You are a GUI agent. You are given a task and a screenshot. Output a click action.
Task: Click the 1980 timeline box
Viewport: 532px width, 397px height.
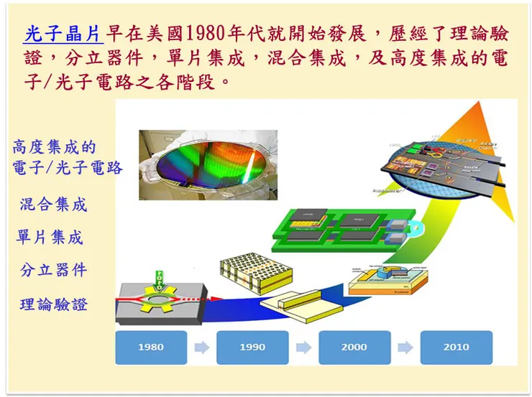[151, 347]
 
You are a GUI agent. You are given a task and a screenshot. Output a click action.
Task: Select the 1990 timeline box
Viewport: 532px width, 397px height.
[252, 347]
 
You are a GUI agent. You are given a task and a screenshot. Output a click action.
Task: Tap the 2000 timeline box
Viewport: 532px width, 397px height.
[354, 347]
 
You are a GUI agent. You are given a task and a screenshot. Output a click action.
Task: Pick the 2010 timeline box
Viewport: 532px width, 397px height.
[456, 347]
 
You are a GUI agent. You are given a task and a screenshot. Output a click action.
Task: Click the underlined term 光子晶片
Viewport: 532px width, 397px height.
[64, 34]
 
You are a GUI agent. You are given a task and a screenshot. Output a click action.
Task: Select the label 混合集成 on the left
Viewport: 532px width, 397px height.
[53, 205]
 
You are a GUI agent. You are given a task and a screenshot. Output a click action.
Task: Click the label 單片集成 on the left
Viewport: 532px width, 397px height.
[50, 237]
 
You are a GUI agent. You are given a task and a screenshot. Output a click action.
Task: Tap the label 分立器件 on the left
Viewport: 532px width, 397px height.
[53, 270]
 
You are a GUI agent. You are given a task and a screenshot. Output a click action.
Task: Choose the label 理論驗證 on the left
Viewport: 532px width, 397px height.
[53, 304]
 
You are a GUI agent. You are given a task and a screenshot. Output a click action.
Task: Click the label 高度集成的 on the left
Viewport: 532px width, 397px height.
[54, 148]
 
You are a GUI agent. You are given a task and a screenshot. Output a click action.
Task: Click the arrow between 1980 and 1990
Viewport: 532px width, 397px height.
[202, 347]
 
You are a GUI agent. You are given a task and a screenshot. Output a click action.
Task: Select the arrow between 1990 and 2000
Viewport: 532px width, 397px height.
[303, 347]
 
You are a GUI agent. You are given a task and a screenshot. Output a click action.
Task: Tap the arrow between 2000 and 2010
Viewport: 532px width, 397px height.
[405, 347]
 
